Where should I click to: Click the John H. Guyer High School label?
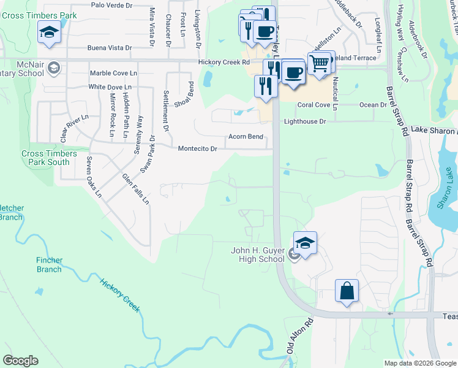coord(257,255)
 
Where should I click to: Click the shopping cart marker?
coord(319,63)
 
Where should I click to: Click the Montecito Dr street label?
coord(197,149)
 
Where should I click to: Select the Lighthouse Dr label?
coord(305,121)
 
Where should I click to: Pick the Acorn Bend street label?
coord(246,136)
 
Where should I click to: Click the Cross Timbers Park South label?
coord(45,158)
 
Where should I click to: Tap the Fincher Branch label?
coord(48,265)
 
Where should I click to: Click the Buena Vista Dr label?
coord(110,47)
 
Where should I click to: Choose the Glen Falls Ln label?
coord(136,188)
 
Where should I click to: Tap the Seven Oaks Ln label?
coord(93,177)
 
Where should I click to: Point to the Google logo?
coord(20,361)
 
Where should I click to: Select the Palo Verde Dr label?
coord(111,5)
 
